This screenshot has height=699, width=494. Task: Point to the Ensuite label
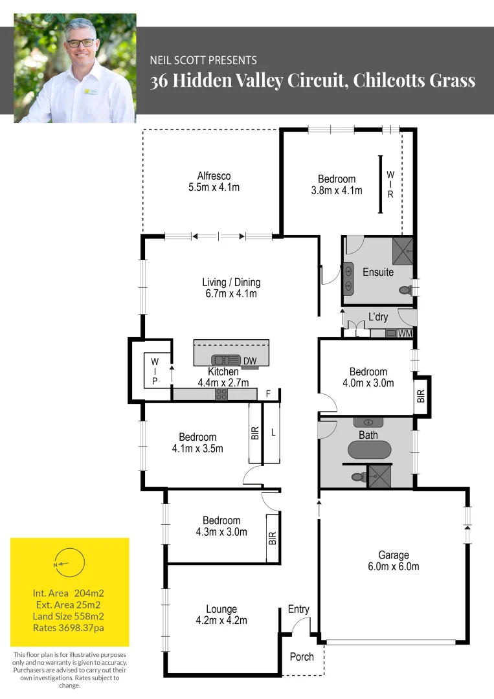pos(378,272)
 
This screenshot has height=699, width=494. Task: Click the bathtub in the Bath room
pos(370,450)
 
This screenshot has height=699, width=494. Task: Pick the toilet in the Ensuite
pos(407,291)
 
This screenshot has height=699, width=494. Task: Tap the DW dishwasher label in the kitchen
pos(250,361)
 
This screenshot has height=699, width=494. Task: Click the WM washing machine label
pos(405,333)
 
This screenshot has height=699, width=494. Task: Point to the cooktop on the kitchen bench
pos(221,393)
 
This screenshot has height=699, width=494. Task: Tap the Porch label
pos(302,657)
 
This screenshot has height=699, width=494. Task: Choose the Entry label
pos(298,609)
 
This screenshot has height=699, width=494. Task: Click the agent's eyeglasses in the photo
pos(80,42)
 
